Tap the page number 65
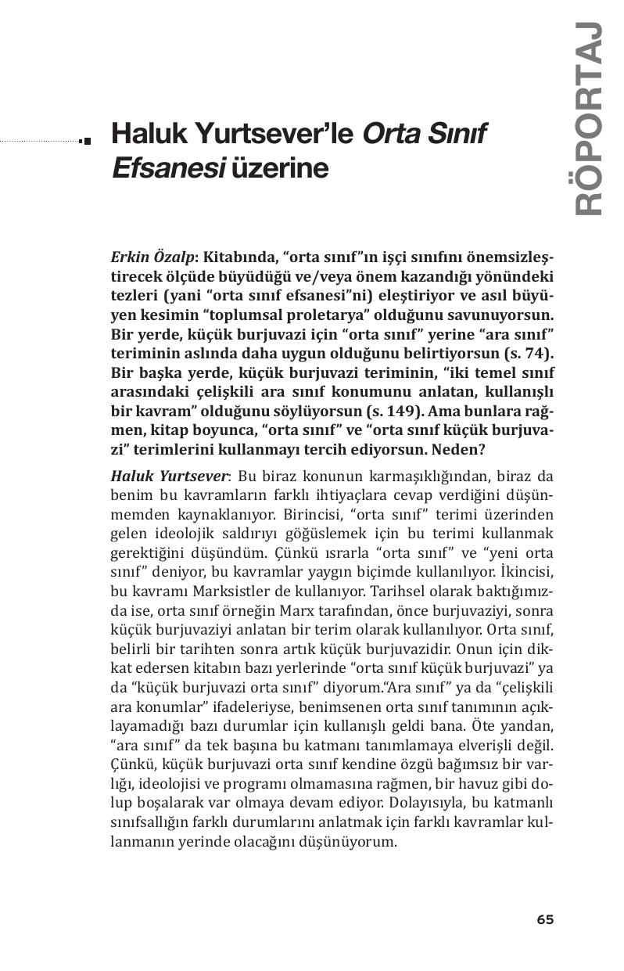[x=545, y=919]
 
